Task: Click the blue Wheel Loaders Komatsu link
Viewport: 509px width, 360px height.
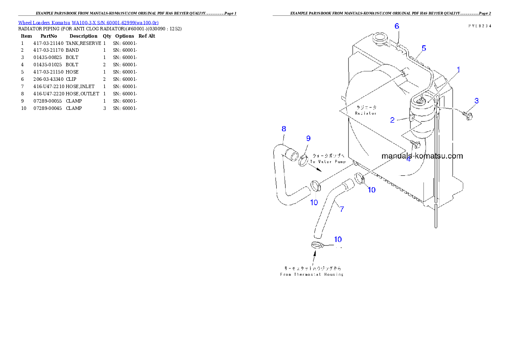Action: (x=88, y=23)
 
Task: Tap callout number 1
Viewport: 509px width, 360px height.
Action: (x=458, y=69)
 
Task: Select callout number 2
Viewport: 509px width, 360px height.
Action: (x=392, y=120)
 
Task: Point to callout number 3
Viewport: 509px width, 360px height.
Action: (x=476, y=101)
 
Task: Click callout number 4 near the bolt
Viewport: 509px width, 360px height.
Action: (x=408, y=159)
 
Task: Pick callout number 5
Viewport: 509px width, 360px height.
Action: (x=423, y=48)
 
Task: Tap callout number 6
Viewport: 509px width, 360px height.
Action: (x=397, y=26)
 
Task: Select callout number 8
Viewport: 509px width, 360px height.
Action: (x=284, y=129)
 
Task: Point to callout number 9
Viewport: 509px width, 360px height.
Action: (x=308, y=138)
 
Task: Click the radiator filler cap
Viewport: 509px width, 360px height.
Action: (x=380, y=40)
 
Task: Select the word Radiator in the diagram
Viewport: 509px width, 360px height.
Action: (x=366, y=113)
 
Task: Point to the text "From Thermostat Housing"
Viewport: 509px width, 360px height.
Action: (x=311, y=274)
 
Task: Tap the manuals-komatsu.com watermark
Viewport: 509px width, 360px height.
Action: (x=422, y=156)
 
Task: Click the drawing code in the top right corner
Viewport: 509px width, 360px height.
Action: (x=479, y=26)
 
